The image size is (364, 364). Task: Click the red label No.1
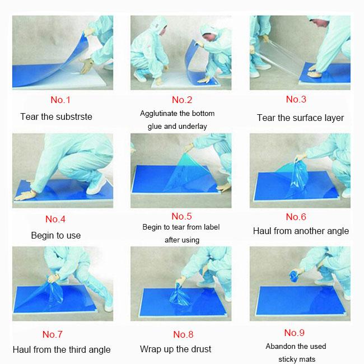pyautogui.click(x=60, y=101)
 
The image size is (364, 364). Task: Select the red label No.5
pyautogui.click(x=181, y=216)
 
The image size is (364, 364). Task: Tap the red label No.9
pyautogui.click(x=296, y=333)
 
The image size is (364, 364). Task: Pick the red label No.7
pyautogui.click(x=53, y=335)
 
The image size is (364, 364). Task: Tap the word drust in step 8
pyautogui.click(x=199, y=349)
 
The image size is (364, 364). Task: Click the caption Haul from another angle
pyautogui.click(x=301, y=231)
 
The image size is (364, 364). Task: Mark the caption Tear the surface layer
pyautogui.click(x=300, y=118)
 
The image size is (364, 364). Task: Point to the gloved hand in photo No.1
pyautogui.click(x=86, y=68)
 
